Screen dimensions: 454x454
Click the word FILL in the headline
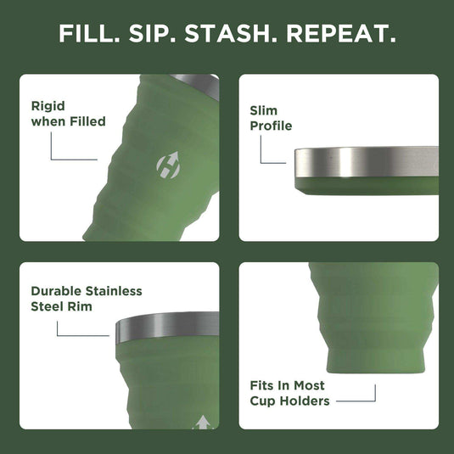click(88, 34)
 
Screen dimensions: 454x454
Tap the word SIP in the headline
click(156, 34)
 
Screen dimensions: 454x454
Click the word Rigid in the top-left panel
click(48, 106)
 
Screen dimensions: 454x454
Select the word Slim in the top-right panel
click(264, 110)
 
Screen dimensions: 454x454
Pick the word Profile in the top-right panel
click(271, 126)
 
